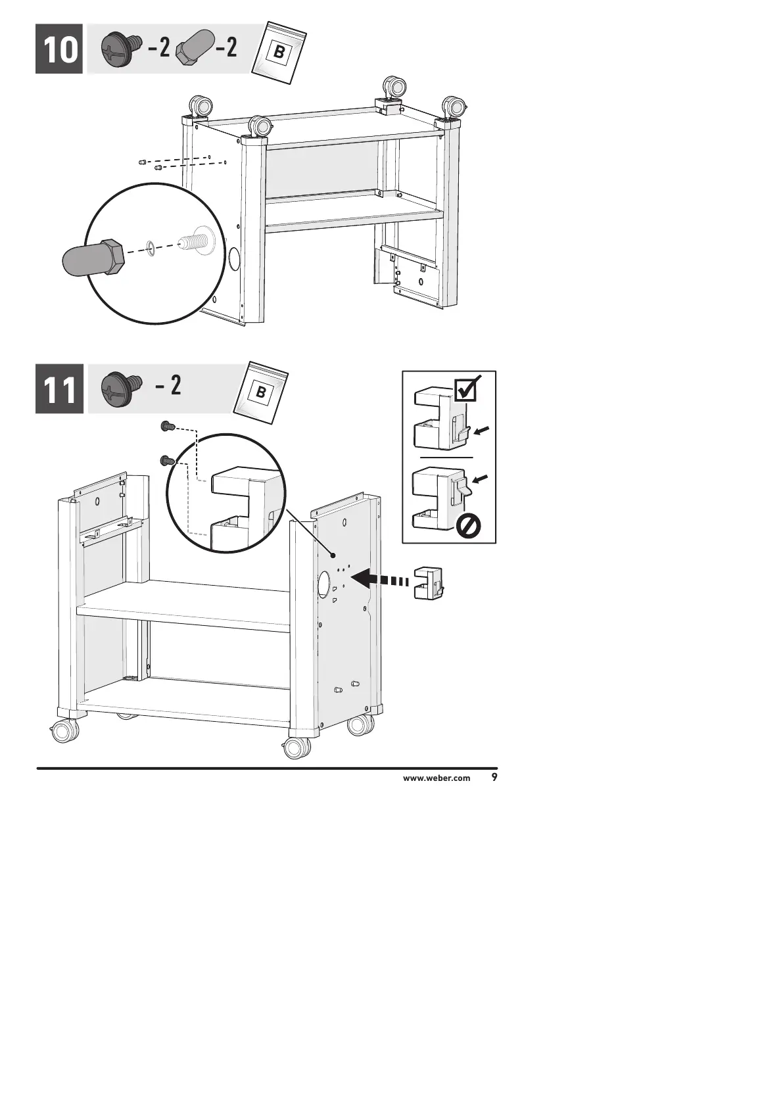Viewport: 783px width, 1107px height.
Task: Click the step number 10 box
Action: click(x=59, y=49)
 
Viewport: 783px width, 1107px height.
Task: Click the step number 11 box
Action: click(x=59, y=389)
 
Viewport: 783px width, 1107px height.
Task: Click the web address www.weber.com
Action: click(x=437, y=778)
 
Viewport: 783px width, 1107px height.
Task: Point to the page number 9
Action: click(x=494, y=778)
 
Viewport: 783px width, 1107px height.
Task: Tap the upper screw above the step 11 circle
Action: click(x=167, y=427)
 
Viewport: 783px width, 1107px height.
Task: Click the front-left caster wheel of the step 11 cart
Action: click(x=64, y=731)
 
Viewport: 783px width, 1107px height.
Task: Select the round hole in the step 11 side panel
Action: click(x=323, y=584)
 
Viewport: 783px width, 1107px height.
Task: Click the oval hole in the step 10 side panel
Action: click(x=233, y=259)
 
